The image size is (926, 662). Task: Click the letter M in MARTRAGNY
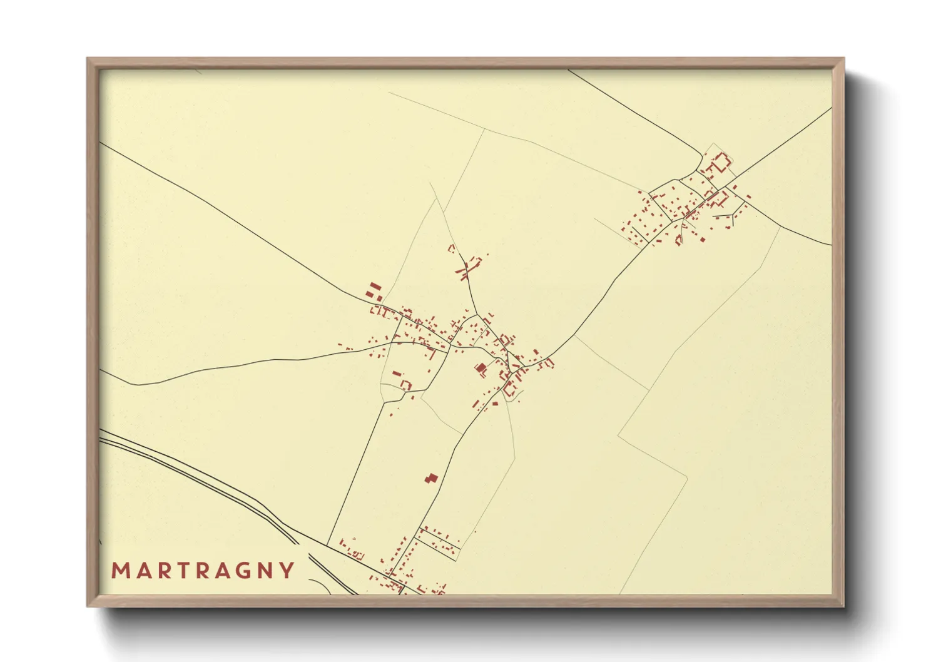(x=120, y=571)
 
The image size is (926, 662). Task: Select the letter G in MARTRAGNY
(x=243, y=571)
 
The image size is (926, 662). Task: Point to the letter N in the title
(x=265, y=571)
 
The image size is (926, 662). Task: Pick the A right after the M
(x=141, y=571)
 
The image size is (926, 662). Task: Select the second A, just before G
(x=222, y=571)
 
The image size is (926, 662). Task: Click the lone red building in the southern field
(x=430, y=479)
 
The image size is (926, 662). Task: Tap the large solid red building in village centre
(x=481, y=369)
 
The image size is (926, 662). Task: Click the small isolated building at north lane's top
(x=451, y=248)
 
